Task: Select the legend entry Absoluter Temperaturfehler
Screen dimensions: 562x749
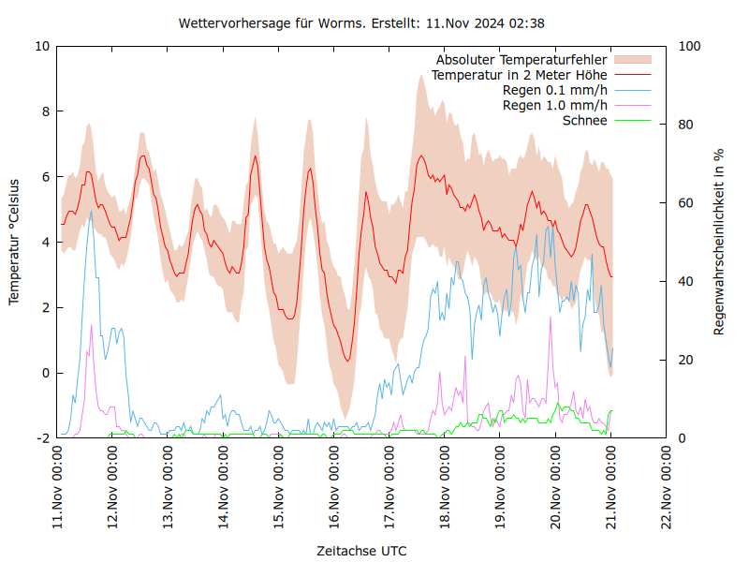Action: click(521, 60)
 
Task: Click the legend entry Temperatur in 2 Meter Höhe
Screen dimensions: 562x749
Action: click(520, 75)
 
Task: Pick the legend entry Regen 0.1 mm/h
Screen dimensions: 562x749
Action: click(555, 90)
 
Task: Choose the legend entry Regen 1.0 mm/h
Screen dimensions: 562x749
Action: click(555, 105)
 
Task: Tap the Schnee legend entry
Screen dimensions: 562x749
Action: click(585, 120)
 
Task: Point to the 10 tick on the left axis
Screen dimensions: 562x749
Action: click(41, 46)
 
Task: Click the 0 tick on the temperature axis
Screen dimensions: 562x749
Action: click(45, 373)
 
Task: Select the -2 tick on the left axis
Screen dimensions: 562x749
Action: click(43, 438)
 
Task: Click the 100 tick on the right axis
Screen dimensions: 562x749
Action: click(689, 46)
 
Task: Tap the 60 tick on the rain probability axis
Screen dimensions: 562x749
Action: click(685, 202)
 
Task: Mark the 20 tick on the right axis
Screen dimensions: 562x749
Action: click(685, 360)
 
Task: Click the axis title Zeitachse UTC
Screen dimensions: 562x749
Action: click(361, 550)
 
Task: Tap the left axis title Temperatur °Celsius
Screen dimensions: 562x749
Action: click(14, 241)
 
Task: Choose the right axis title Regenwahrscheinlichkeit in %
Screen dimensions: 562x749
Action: click(719, 241)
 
